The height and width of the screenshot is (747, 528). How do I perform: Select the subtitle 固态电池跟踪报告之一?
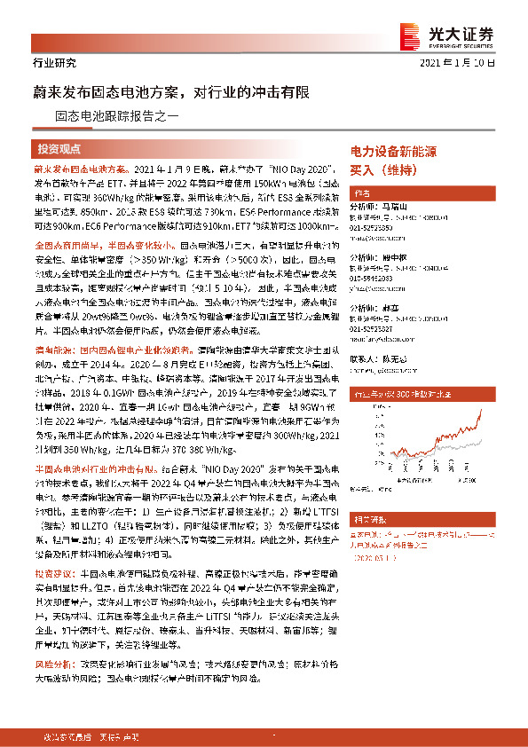click(117, 114)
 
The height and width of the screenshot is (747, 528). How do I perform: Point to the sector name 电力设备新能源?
click(393, 153)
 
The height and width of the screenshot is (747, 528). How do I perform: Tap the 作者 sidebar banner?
click(361, 193)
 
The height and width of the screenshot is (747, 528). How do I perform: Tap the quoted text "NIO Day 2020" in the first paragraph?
click(296, 167)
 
